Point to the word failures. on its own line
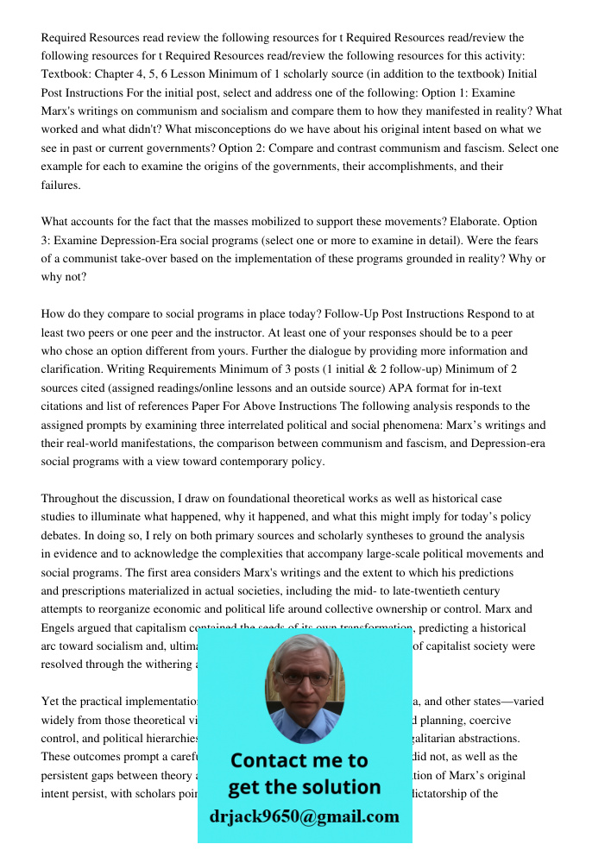click(x=61, y=186)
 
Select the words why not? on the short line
click(x=64, y=277)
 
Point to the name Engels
click(x=64, y=627)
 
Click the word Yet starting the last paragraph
click(x=50, y=701)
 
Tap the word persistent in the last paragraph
click(x=70, y=775)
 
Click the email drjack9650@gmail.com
click(x=305, y=816)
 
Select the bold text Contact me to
click(x=299, y=760)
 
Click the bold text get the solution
click(x=304, y=787)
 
